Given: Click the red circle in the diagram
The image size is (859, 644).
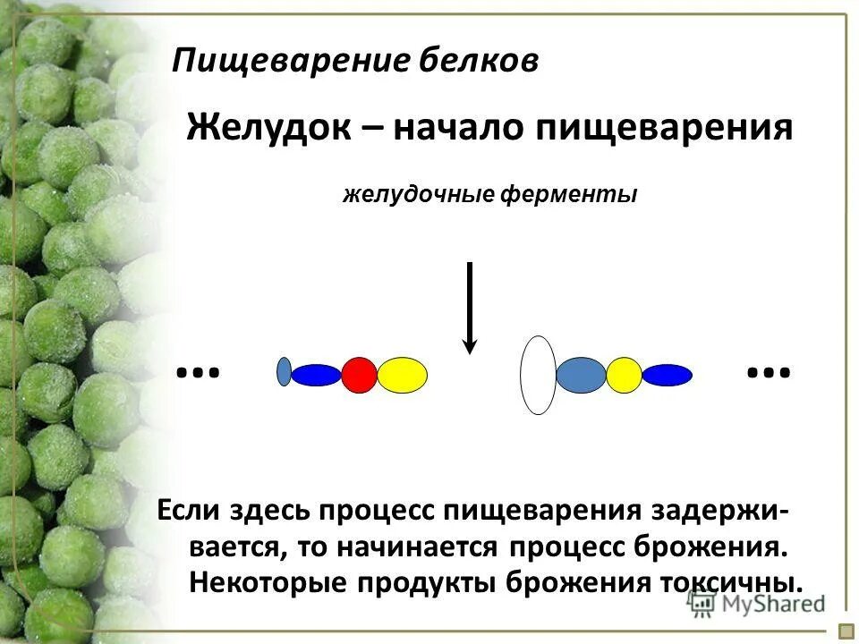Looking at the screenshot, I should pos(359,375).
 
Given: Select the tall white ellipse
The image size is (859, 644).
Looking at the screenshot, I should pos(538,375).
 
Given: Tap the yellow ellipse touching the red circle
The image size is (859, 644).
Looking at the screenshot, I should pos(402,375).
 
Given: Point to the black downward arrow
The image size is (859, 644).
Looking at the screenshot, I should pos(470,309).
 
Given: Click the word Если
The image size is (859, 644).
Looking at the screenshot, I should pos(190,511).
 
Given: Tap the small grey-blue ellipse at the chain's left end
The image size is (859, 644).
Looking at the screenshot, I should pos(284,371).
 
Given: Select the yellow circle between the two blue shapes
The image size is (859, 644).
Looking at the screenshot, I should pos(624,375).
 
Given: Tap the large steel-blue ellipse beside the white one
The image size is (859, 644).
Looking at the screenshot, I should pos(581,375).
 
